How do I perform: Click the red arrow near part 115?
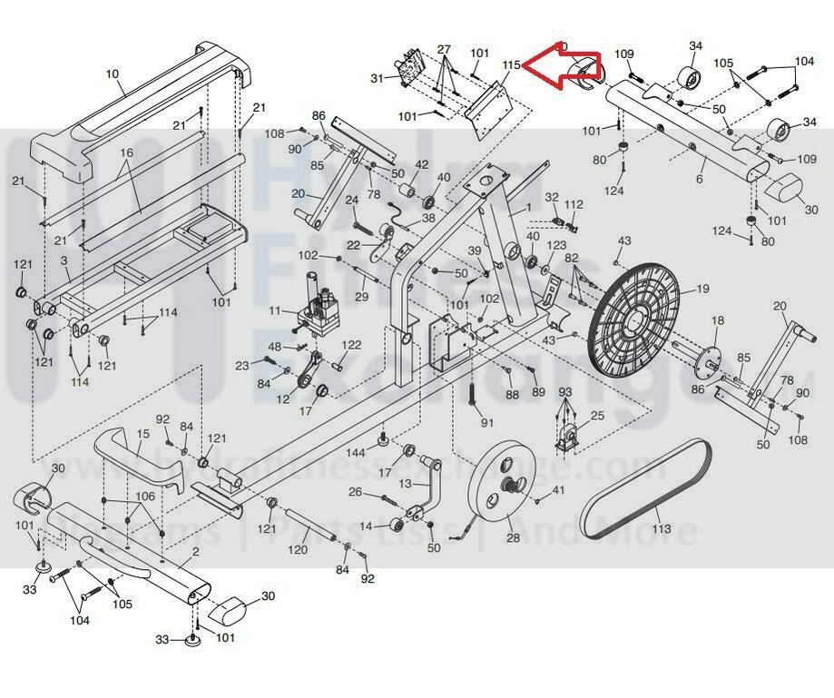[x=559, y=68]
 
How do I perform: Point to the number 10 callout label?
[x=113, y=74]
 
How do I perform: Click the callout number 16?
[x=125, y=152]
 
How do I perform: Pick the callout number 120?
[x=299, y=550]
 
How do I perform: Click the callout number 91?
[x=487, y=422]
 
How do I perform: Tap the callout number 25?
[x=596, y=416]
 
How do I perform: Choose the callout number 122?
[x=352, y=345]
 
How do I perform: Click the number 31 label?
[x=377, y=79]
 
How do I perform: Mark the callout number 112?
[x=574, y=205]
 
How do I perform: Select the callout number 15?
[x=142, y=435]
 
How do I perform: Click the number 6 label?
[x=699, y=180]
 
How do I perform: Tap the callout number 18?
[x=718, y=320]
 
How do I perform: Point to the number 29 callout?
[x=361, y=297]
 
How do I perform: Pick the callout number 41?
[x=558, y=490]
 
